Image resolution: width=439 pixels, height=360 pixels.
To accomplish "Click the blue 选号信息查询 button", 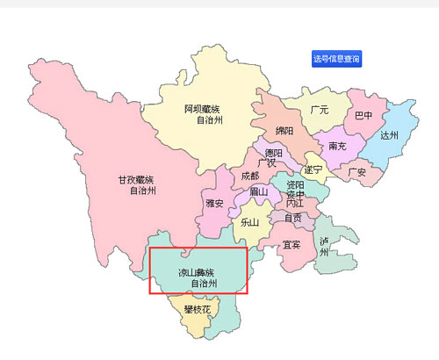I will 337,59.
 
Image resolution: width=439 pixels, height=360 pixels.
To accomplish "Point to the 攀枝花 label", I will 197,309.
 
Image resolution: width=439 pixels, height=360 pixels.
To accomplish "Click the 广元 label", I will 319,111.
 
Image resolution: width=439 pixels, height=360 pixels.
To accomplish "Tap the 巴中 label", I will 363,115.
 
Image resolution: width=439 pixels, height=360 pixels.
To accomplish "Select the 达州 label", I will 390,135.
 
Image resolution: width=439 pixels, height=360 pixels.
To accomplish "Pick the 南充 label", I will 338,146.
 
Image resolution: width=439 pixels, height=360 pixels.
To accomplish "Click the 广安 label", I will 356,171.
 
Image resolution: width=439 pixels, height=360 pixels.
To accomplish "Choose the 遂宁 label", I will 313,169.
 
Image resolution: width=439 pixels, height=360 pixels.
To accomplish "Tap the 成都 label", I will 249,176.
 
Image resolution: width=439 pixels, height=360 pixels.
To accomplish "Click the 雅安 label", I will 214,203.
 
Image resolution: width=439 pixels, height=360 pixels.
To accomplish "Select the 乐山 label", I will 249,222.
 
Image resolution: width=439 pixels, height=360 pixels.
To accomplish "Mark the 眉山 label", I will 258,191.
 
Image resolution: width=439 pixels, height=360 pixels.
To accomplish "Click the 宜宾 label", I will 291,244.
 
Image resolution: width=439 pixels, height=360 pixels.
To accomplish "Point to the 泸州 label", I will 324,246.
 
